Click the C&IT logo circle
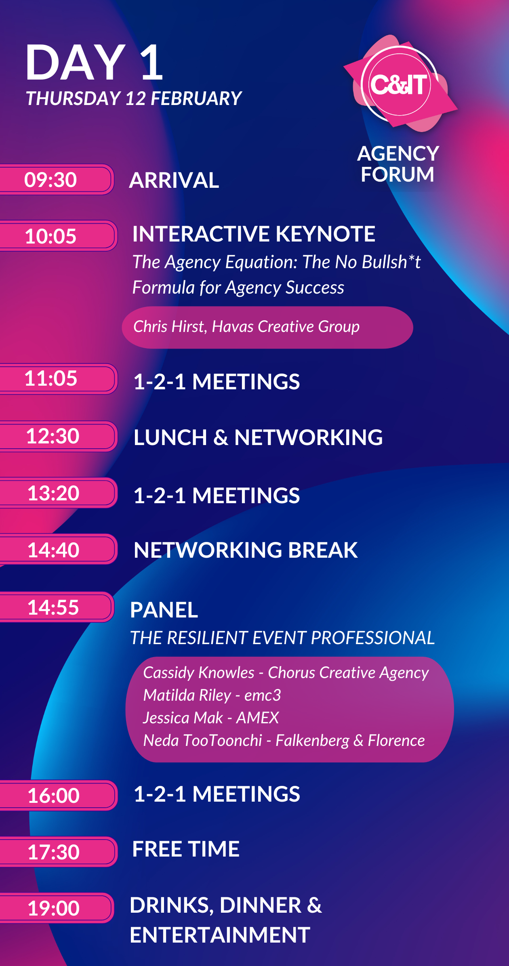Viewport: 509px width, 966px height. tap(400, 84)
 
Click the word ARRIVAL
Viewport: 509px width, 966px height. tap(174, 180)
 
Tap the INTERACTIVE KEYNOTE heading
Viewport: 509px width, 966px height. tap(254, 234)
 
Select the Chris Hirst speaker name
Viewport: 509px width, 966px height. tap(246, 326)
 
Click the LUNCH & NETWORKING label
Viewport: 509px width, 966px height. tap(258, 437)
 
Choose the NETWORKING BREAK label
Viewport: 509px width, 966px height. tap(246, 550)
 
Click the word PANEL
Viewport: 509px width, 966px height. tap(164, 610)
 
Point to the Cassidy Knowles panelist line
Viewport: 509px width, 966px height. tap(286, 673)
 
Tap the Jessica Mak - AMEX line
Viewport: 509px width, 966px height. tap(211, 718)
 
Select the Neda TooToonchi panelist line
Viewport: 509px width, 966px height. tap(284, 740)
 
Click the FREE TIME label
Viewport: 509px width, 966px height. tap(186, 848)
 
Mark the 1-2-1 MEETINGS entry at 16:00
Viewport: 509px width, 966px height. tap(217, 794)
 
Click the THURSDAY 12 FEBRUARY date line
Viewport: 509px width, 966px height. tap(134, 99)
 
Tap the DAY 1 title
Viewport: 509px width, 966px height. tap(95, 63)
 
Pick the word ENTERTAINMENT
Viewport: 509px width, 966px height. tap(220, 935)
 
